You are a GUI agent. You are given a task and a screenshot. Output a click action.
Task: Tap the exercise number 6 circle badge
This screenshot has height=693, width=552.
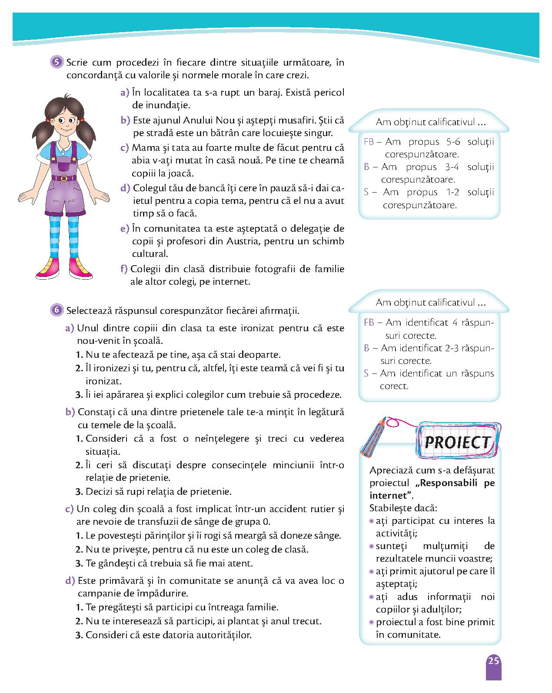click(x=57, y=310)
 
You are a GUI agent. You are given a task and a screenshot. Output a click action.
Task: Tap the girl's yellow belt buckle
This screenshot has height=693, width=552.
click(x=64, y=178)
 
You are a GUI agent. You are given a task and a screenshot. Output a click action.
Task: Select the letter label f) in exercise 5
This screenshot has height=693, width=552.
click(x=123, y=269)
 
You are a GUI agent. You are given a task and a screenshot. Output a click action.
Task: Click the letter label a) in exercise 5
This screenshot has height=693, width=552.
click(x=125, y=93)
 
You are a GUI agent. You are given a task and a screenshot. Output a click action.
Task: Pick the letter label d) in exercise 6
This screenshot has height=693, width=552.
click(x=70, y=580)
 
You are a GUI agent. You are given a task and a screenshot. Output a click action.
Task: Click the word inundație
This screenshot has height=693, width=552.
click(x=161, y=105)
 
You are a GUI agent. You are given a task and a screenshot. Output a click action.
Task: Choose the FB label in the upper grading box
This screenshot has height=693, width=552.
click(x=369, y=142)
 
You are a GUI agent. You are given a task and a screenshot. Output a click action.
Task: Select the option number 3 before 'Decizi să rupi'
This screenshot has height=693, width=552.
click(x=79, y=492)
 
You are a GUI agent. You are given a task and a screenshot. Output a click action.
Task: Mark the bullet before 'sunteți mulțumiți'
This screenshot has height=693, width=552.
click(x=372, y=546)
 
